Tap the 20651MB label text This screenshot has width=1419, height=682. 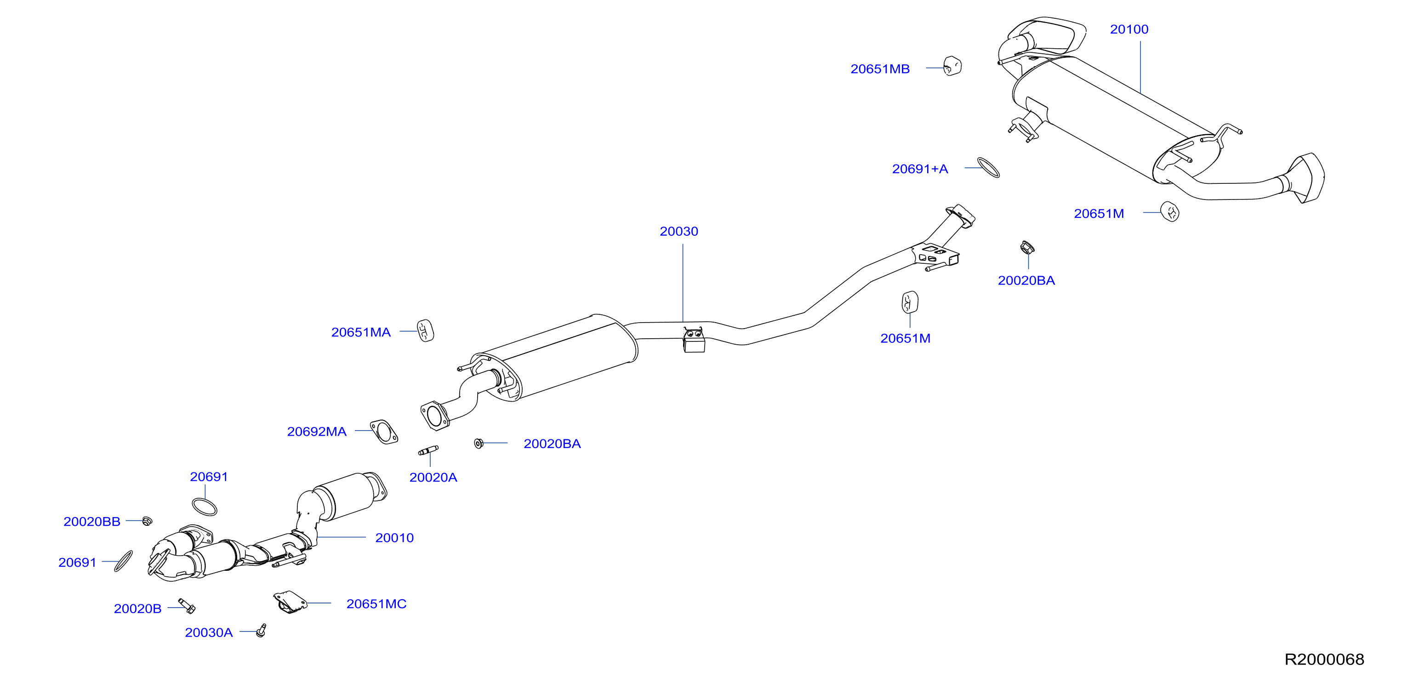click(880, 69)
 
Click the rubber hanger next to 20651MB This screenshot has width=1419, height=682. click(952, 66)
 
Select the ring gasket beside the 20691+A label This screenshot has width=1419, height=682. click(988, 167)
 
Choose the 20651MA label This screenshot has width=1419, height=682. click(361, 332)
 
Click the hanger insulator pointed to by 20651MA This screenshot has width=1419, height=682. click(425, 330)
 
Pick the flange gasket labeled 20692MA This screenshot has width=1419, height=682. click(384, 432)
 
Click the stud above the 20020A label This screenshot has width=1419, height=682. click(428, 451)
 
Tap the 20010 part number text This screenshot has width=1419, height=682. click(394, 538)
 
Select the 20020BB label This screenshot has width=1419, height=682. click(91, 522)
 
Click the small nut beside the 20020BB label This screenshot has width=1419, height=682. click(147, 521)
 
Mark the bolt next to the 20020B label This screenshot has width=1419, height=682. click(187, 606)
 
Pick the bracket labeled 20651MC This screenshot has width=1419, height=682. click(290, 602)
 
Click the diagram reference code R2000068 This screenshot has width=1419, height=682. click(1324, 659)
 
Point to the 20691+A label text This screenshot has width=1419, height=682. click(920, 169)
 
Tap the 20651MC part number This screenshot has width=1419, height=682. click(376, 604)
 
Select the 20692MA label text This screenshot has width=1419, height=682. click(317, 432)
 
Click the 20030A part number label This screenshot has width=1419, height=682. click(209, 632)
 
